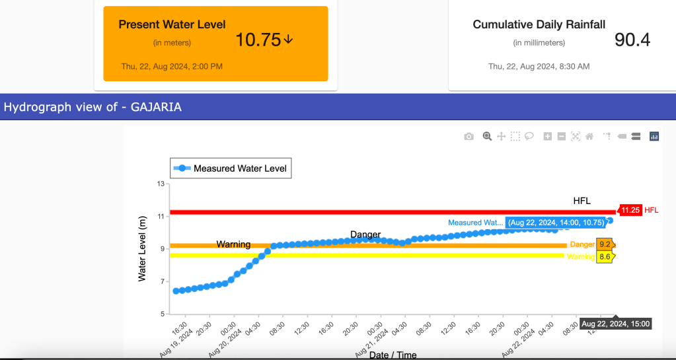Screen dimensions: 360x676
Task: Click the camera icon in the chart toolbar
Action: pyautogui.click(x=469, y=136)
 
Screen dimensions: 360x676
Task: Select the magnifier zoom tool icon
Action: pyautogui.click(x=487, y=136)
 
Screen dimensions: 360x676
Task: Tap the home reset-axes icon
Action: pyautogui.click(x=589, y=136)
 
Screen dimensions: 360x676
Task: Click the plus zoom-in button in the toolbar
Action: pyautogui.click(x=547, y=136)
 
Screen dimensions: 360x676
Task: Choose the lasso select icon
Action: pyautogui.click(x=529, y=136)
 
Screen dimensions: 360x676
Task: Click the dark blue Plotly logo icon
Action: pyautogui.click(x=654, y=136)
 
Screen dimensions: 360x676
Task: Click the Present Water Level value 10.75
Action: pyautogui.click(x=258, y=40)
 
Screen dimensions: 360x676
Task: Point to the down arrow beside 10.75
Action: pyautogui.click(x=288, y=40)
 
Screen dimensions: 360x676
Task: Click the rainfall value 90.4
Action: pyautogui.click(x=632, y=40)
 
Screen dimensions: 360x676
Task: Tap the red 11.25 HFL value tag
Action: pyautogui.click(x=630, y=210)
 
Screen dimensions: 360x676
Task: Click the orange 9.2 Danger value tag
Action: pyautogui.click(x=605, y=244)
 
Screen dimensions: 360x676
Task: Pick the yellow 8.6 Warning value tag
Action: pyautogui.click(x=605, y=256)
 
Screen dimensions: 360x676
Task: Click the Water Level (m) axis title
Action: pyautogui.click(x=142, y=248)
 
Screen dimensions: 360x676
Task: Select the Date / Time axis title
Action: pyautogui.click(x=393, y=355)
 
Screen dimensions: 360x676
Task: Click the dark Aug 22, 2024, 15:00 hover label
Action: pyautogui.click(x=616, y=324)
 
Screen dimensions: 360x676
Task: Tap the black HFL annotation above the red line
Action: pyautogui.click(x=582, y=201)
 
